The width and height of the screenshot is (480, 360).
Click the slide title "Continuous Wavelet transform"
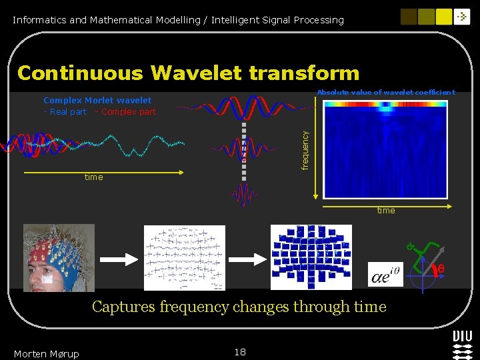pyautogui.click(x=188, y=73)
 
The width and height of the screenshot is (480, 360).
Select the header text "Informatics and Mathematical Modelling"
pyautogui.click(x=106, y=20)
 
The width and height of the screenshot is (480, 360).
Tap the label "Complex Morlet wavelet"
pyautogui.click(x=97, y=101)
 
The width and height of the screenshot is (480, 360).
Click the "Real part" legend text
pyautogui.click(x=68, y=112)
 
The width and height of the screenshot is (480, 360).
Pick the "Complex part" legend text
pyautogui.click(x=128, y=112)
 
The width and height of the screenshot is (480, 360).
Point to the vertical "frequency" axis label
pyautogui.click(x=305, y=150)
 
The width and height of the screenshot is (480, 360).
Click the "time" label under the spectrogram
pyautogui.click(x=386, y=211)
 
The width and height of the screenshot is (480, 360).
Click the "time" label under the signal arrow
pyautogui.click(x=93, y=177)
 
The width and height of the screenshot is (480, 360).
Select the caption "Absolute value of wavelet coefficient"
pyautogui.click(x=386, y=93)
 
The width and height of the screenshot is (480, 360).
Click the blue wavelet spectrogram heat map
pyautogui.click(x=385, y=149)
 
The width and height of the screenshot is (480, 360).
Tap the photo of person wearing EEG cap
pyautogui.click(x=59, y=257)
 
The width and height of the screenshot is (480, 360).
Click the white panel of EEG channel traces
pyautogui.click(x=185, y=257)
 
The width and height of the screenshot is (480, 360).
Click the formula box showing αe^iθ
pyautogui.click(x=385, y=274)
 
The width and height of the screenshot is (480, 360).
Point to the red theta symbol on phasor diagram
pyautogui.click(x=440, y=269)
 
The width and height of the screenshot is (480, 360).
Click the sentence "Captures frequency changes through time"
pyautogui.click(x=239, y=307)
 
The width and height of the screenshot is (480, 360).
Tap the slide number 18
pyautogui.click(x=240, y=352)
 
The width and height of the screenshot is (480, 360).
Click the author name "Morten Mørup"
pyautogui.click(x=46, y=353)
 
